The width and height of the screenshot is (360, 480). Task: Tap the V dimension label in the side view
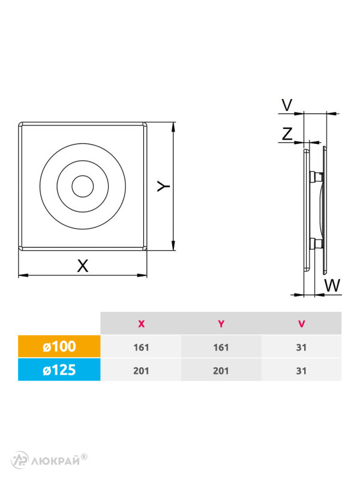(287, 106)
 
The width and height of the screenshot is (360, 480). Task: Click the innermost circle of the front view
(82, 186)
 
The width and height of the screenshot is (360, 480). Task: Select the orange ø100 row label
(59, 346)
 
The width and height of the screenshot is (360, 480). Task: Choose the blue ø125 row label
(59, 370)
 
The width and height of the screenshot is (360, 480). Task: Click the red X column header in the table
(141, 323)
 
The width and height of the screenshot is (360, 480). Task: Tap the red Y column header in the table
(221, 323)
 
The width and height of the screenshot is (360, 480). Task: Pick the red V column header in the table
(301, 323)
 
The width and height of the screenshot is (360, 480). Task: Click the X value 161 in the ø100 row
(141, 347)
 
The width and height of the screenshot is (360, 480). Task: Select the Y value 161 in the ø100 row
(221, 347)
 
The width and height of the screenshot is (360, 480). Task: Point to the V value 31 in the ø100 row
(301, 347)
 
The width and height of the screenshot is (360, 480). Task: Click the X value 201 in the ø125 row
(141, 371)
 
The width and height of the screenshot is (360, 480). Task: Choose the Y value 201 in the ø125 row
(221, 371)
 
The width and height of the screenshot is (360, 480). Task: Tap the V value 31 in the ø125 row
(301, 371)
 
